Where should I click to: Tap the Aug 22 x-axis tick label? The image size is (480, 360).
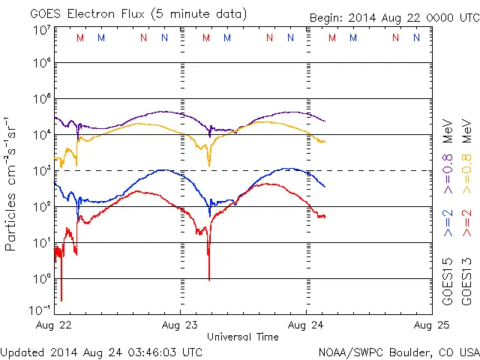tap(54, 325)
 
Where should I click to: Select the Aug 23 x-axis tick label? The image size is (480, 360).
tap(180, 325)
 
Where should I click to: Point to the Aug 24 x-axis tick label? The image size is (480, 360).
tap(306, 325)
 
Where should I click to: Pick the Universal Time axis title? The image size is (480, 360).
tap(242, 337)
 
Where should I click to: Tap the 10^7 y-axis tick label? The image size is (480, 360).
tap(41, 30)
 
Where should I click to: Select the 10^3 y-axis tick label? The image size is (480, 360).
tap(41, 171)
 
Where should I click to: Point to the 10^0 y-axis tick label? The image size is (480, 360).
tap(41, 279)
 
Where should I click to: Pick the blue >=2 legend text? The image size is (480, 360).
tap(448, 223)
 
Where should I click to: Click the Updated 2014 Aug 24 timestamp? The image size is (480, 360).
tap(101, 352)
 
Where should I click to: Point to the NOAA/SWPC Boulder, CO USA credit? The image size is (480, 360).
tap(398, 352)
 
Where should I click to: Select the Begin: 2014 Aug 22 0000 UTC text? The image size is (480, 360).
tap(393, 18)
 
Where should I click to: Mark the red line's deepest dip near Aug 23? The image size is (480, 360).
tap(208, 278)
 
